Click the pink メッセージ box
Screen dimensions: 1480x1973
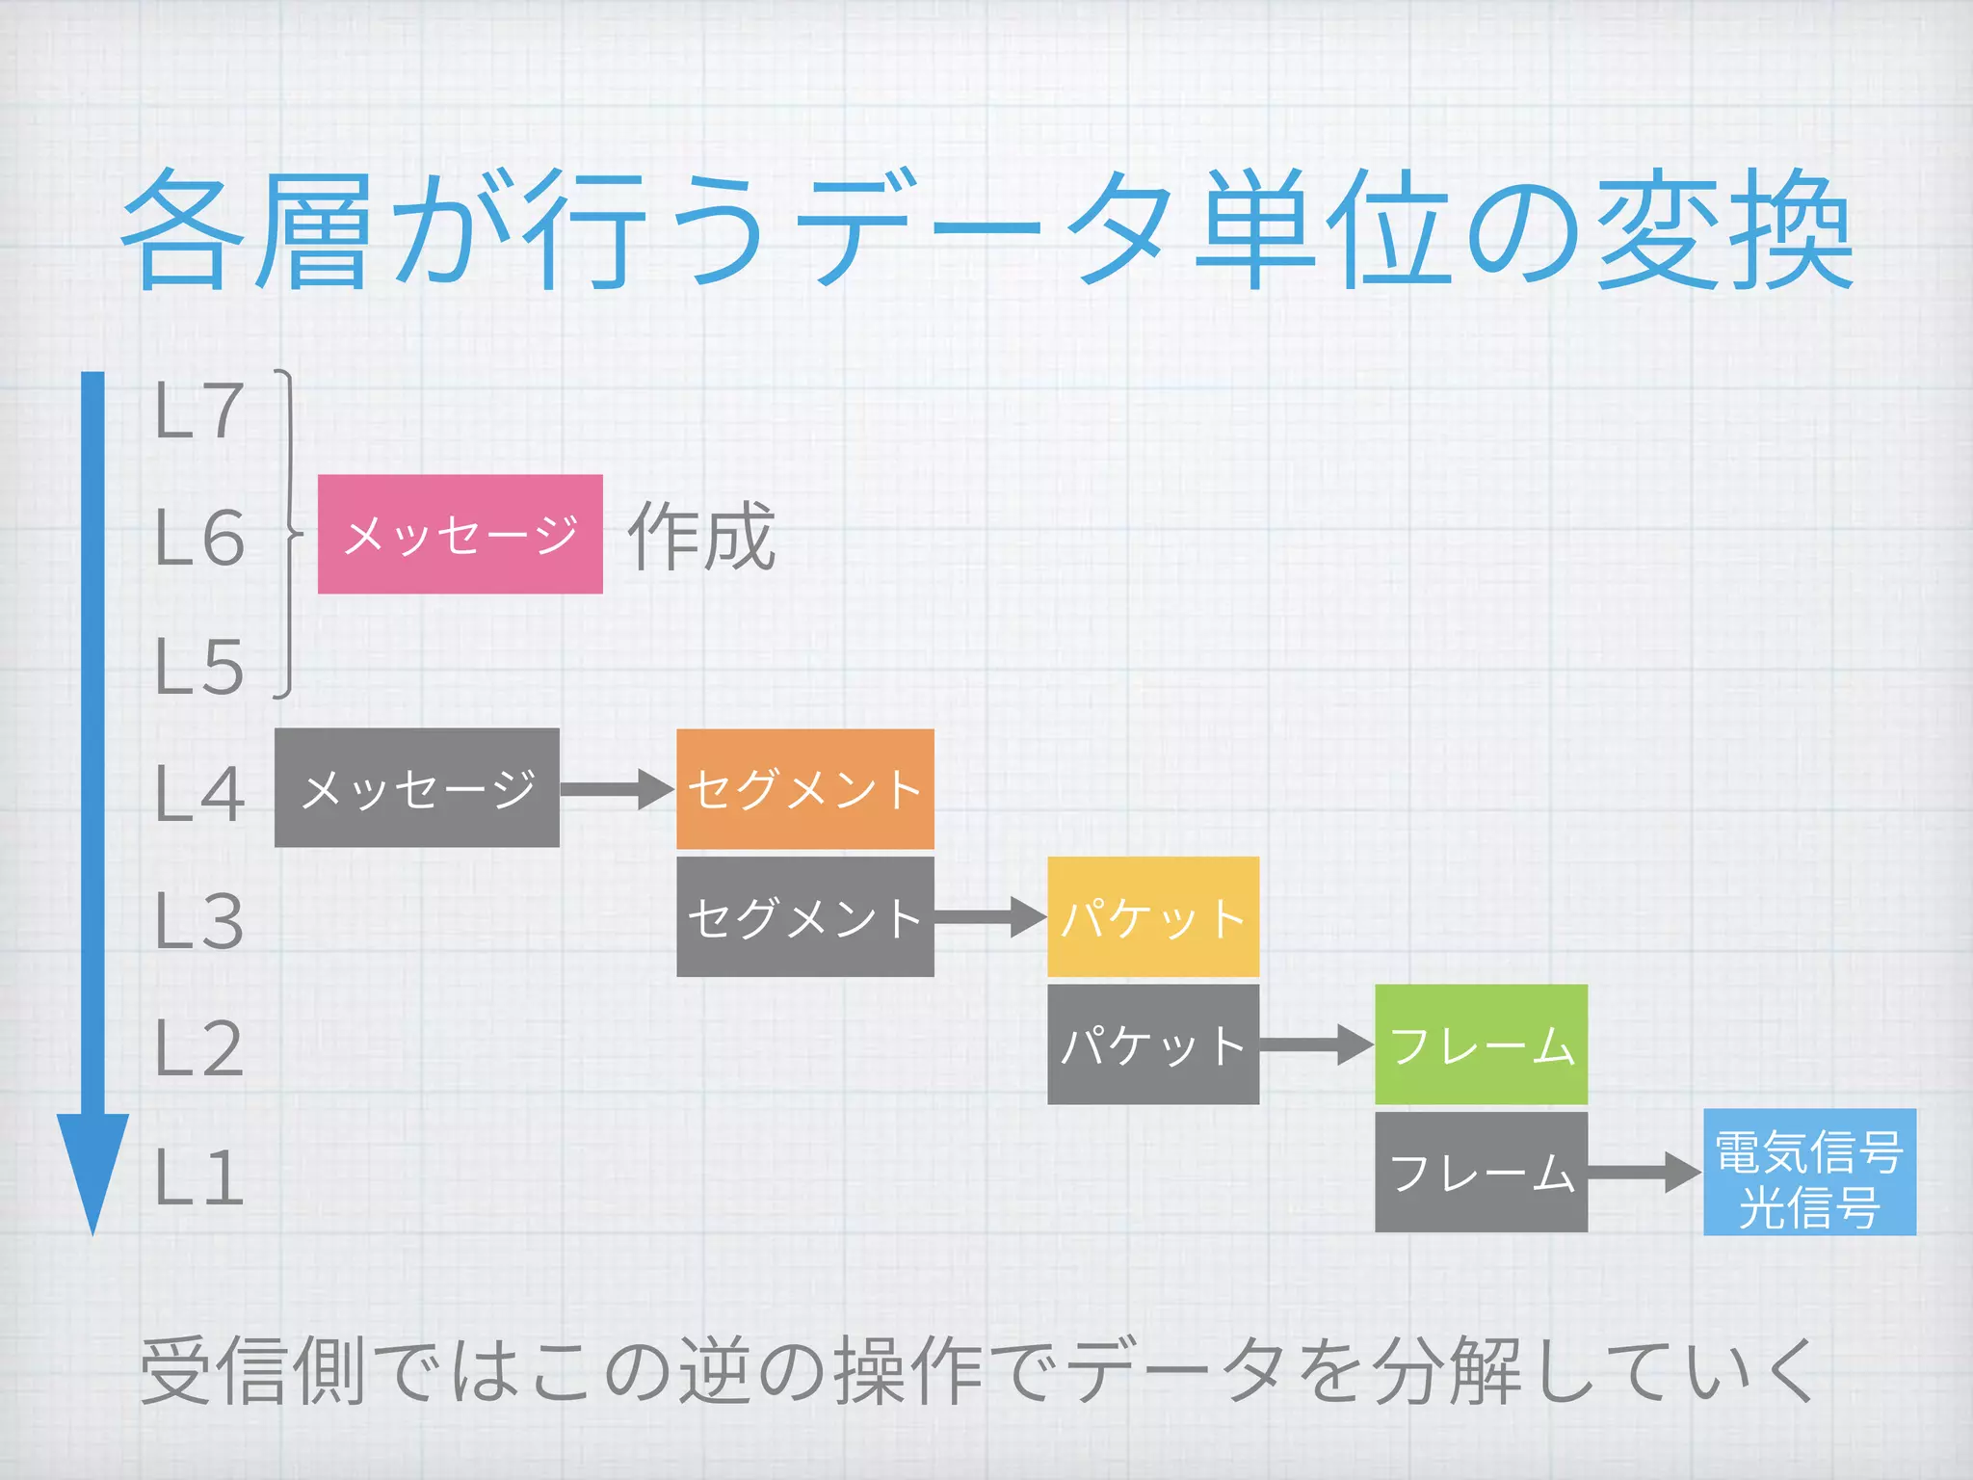460,534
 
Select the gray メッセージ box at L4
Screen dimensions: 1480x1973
416,788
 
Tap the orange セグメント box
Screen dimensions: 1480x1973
804,789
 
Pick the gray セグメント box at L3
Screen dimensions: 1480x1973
804,917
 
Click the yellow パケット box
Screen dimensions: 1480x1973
1152,917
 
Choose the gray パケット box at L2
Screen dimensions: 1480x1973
1152,1044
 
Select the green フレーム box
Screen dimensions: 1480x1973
1481,1044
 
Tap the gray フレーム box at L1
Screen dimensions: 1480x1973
1481,1173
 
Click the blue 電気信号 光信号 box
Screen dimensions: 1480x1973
1809,1173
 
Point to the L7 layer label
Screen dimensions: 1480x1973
198,410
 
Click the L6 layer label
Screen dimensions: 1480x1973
199,538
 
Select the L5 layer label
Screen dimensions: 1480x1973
199,667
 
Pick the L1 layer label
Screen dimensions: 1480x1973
199,1178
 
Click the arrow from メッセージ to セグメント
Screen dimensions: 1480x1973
618,789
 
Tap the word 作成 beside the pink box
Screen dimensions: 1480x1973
701,536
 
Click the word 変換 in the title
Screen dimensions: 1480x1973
1724,231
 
